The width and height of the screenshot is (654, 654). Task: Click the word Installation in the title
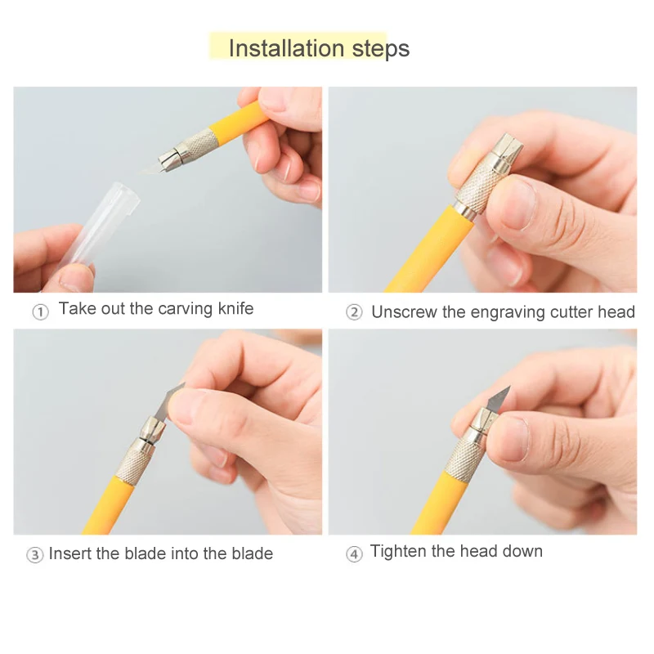287,48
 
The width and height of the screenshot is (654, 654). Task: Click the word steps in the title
381,50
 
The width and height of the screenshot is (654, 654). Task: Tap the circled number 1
40,312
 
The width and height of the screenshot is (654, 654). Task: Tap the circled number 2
354,312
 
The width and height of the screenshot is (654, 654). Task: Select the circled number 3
34,555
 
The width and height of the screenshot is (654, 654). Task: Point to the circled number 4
354,554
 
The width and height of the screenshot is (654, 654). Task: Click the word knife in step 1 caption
235,309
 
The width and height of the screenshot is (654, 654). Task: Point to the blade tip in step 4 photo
509,387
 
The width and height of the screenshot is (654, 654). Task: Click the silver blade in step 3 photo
168,401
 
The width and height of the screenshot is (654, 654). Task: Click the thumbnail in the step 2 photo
517,202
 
